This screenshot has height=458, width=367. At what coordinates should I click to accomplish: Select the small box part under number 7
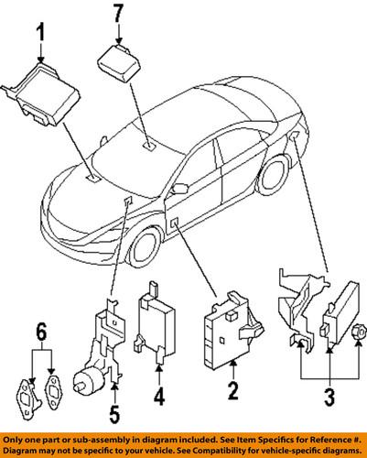(118, 64)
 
